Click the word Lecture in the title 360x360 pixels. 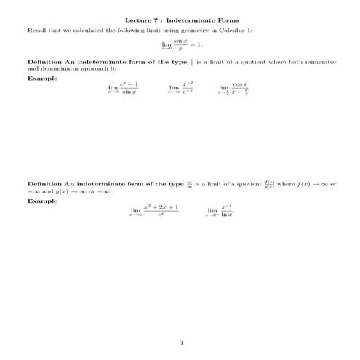[x=137, y=20]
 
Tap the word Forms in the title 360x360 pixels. [x=223, y=20]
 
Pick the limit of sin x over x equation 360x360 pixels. [x=180, y=46]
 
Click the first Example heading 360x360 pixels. [x=41, y=78]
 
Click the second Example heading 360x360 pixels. [x=41, y=201]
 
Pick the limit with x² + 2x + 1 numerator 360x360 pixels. [x=154, y=211]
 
